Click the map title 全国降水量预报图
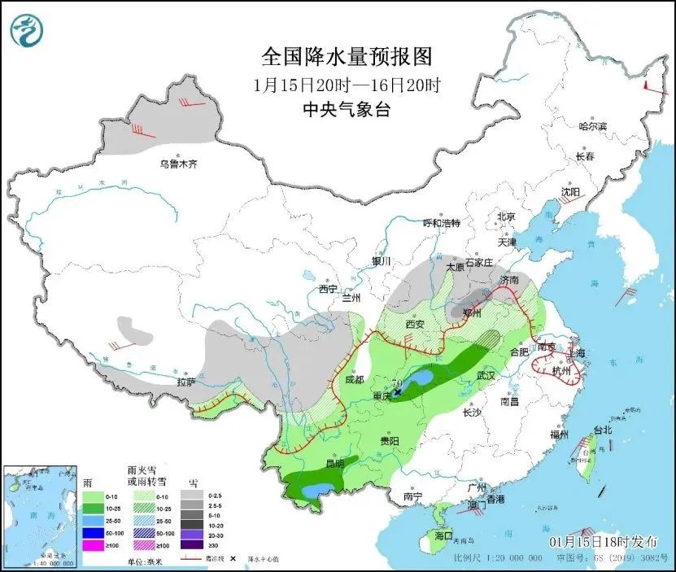tap(346, 57)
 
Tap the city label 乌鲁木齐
tap(178, 164)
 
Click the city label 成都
tap(354, 378)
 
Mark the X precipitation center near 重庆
tap(397, 392)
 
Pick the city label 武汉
tap(486, 376)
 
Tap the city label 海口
tap(443, 537)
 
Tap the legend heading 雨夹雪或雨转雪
tap(142, 477)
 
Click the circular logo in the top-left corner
tap(27, 30)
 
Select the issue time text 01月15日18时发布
tap(600, 541)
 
